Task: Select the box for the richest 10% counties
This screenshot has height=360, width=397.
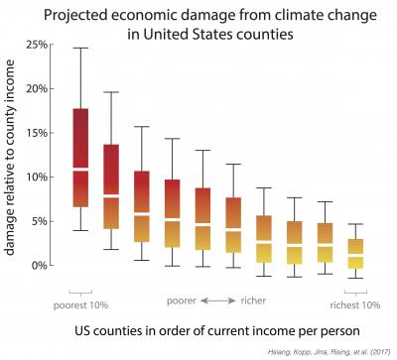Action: coord(354,253)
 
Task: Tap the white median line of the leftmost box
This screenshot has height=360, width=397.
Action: coord(80,170)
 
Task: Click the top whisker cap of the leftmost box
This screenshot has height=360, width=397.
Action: coord(80,48)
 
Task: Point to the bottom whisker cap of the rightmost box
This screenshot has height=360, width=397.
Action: coord(354,279)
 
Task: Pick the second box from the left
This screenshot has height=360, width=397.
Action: coord(111,186)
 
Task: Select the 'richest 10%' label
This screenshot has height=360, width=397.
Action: coord(354,304)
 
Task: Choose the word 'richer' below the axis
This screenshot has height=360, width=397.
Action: coord(253,299)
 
